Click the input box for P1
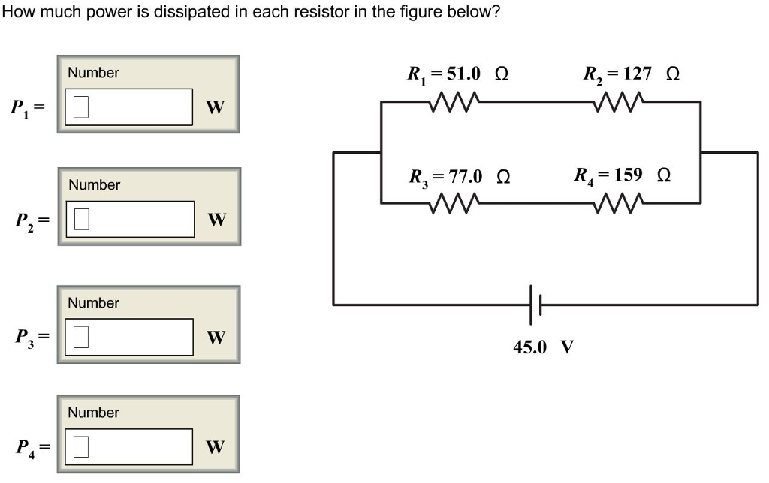tap(129, 107)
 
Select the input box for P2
tap(129, 219)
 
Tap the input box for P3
tap(129, 337)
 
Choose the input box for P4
tap(129, 446)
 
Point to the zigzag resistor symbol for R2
tap(617, 101)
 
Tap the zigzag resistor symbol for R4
tap(617, 203)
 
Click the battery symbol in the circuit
tap(535, 304)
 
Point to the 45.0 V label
tap(544, 347)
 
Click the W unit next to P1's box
tap(216, 108)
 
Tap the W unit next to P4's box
tap(216, 448)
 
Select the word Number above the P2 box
tap(94, 184)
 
